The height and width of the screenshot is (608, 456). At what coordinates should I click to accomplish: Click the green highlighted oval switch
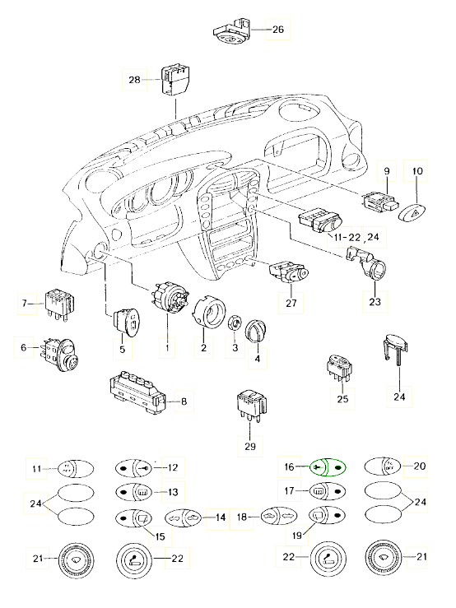tap(328, 467)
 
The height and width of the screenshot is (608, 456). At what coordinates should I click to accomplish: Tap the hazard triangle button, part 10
tap(413, 213)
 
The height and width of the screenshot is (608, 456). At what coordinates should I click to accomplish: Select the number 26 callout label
tap(278, 29)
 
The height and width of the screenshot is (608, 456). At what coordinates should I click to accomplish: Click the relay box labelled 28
tap(176, 80)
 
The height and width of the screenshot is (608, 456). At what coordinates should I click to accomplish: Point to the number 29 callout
tap(250, 446)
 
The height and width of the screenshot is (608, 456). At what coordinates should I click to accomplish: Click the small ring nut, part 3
tap(235, 323)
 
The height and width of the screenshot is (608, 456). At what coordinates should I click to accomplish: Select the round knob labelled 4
tap(256, 332)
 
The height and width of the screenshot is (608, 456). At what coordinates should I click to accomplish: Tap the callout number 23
tap(375, 301)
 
